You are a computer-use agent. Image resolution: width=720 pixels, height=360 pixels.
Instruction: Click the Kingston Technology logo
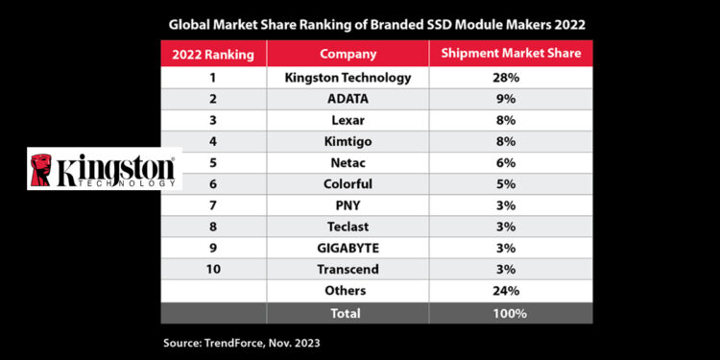pyautogui.click(x=104, y=170)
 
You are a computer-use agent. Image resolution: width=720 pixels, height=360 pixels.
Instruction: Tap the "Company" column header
pyautogui.click(x=347, y=55)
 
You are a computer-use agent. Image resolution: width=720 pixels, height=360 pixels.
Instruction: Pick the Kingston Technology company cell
pyautogui.click(x=347, y=76)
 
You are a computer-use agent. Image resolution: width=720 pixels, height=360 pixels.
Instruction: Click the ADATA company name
pyautogui.click(x=347, y=98)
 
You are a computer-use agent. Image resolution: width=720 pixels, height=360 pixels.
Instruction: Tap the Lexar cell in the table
pyautogui.click(x=347, y=120)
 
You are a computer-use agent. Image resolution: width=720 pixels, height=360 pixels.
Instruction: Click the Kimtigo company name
pyautogui.click(x=347, y=141)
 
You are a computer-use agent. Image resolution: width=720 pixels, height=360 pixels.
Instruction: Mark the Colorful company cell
pyautogui.click(x=347, y=184)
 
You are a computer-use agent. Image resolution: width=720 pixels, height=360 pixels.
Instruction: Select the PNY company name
pyautogui.click(x=347, y=206)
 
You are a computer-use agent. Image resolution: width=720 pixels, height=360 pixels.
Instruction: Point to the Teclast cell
pyautogui.click(x=347, y=228)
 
